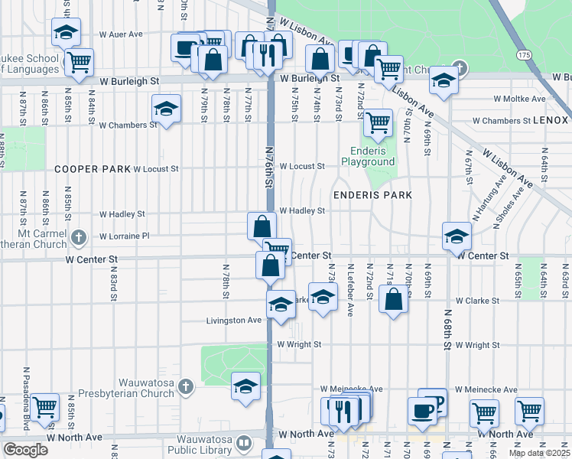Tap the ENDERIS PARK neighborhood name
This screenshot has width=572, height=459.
click(372, 195)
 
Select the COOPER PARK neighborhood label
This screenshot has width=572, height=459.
click(93, 168)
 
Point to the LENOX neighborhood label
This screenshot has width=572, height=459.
click(552, 121)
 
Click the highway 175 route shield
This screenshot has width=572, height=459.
click(523, 56)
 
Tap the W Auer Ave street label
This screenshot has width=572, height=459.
click(122, 34)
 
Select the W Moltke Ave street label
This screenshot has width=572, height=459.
click(519, 99)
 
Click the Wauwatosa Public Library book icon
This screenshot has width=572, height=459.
click(243, 444)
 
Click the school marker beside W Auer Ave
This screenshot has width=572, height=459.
click(66, 32)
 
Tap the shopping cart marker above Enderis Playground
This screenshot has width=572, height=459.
click(377, 122)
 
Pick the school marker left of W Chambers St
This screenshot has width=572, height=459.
click(165, 109)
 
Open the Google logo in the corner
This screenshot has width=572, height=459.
click(25, 450)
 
